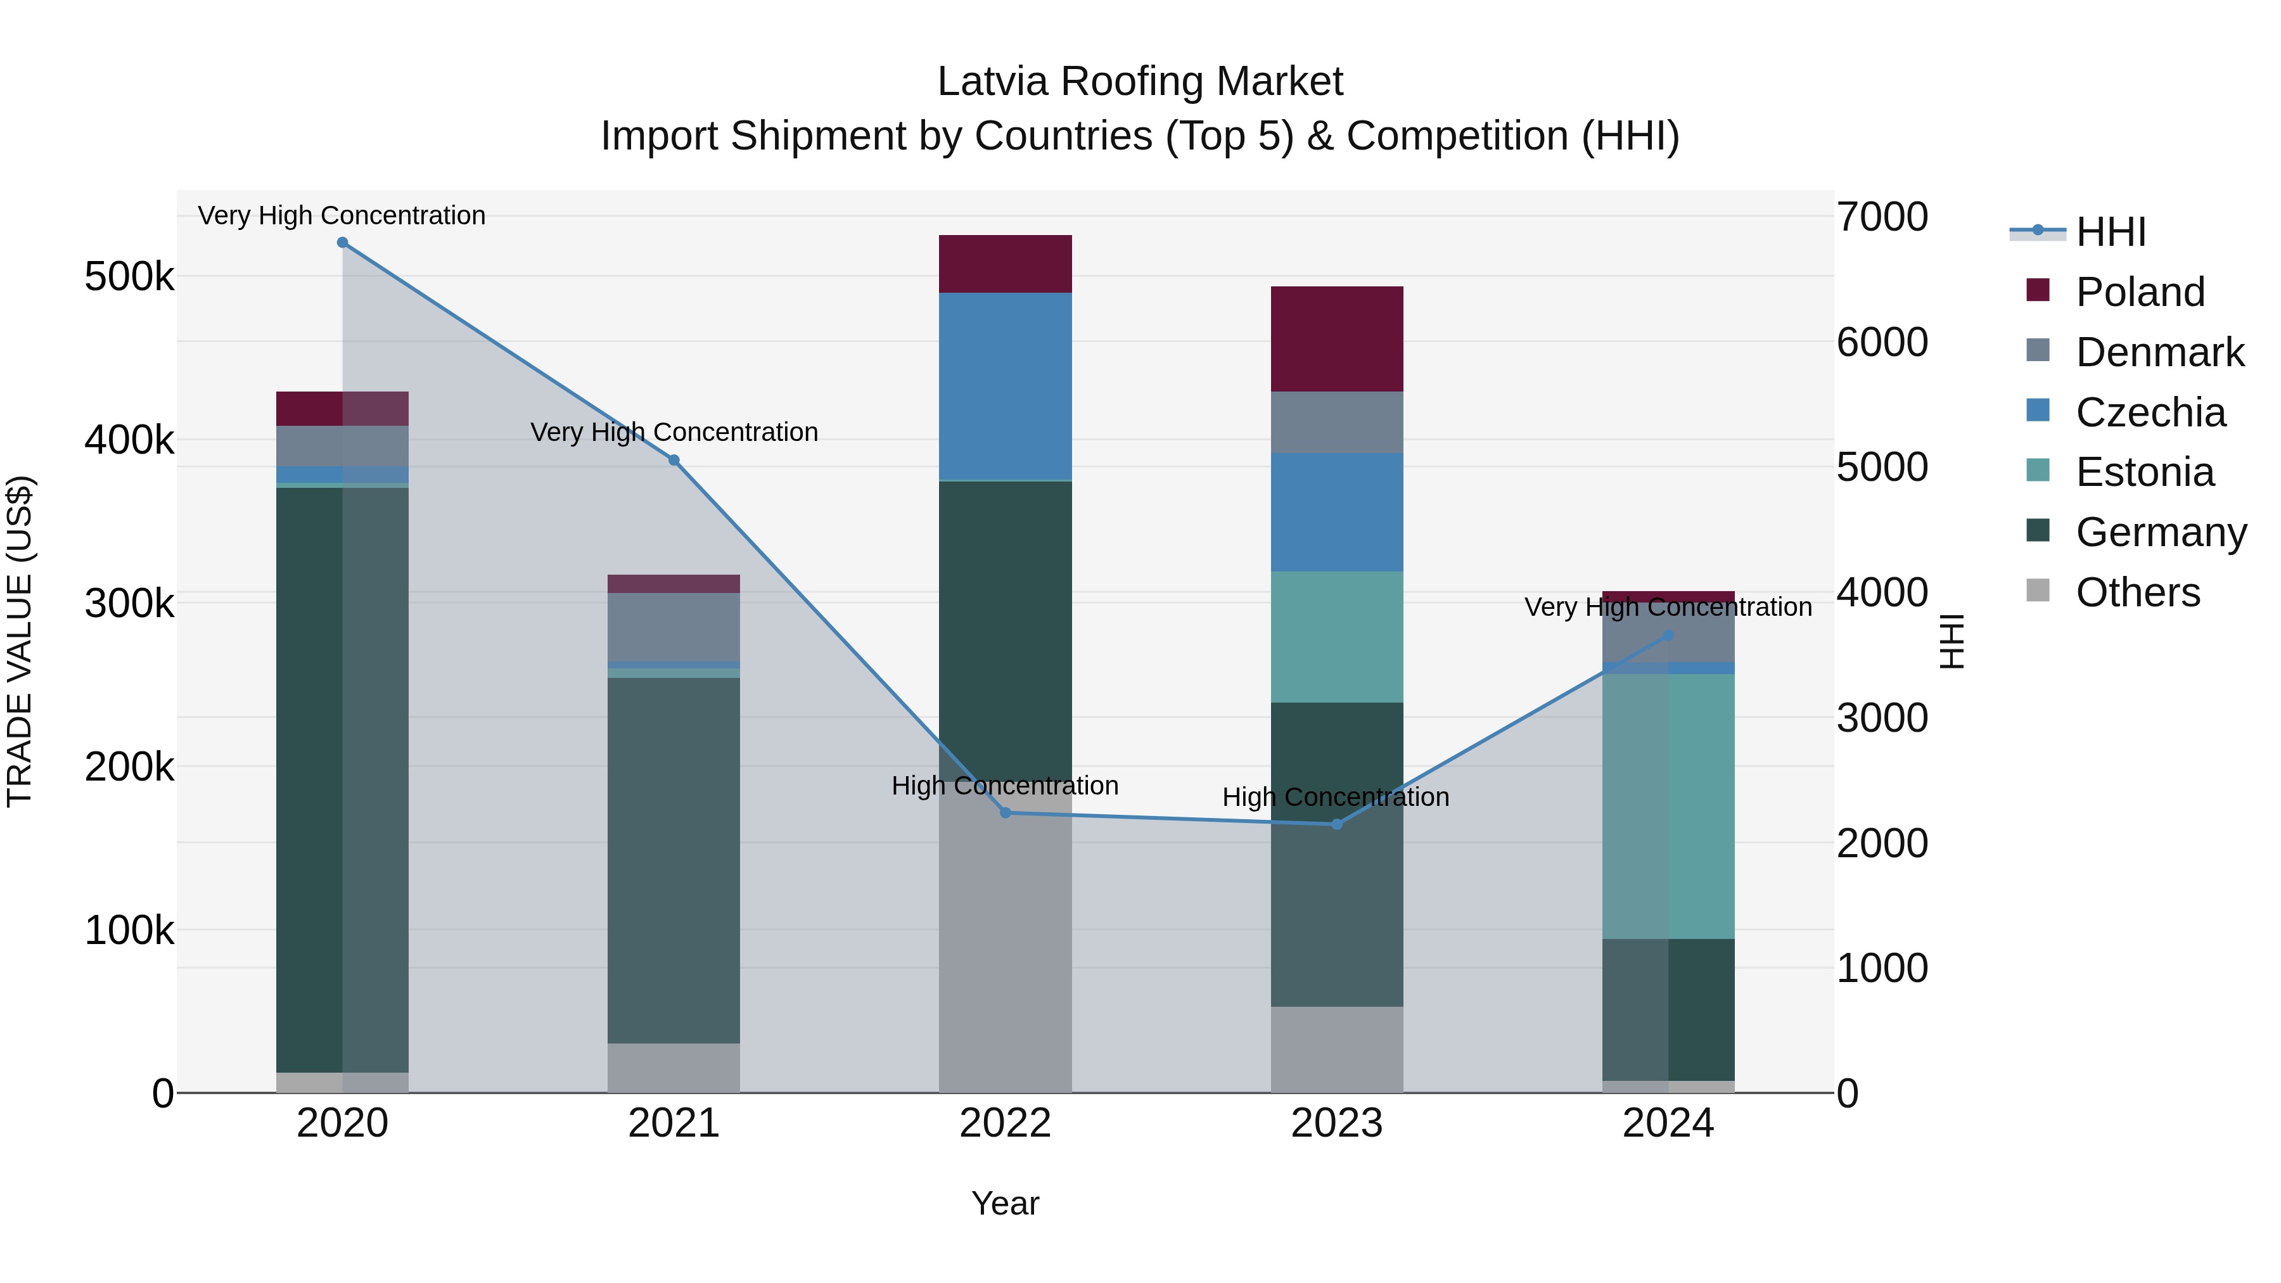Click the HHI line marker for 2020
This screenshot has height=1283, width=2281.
pos(343,243)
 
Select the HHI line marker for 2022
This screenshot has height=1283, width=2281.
pos(1005,813)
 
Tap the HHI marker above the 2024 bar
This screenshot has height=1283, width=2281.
pos(1668,635)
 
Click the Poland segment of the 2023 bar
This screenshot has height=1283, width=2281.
pos(1337,339)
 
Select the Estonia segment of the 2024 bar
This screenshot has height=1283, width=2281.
pos(1668,806)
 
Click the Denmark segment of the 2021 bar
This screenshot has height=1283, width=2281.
pos(674,627)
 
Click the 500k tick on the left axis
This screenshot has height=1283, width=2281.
pos(129,277)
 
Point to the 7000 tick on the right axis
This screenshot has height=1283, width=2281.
pos(1882,217)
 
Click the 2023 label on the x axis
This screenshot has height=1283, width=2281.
pos(1337,1123)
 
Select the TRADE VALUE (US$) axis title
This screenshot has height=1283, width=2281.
pos(20,641)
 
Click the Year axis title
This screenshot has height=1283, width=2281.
pos(1005,1203)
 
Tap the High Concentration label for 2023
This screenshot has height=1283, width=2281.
pos(1335,797)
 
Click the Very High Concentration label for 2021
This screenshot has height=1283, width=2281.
pos(674,432)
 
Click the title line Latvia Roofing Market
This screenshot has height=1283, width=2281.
pos(1140,82)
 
